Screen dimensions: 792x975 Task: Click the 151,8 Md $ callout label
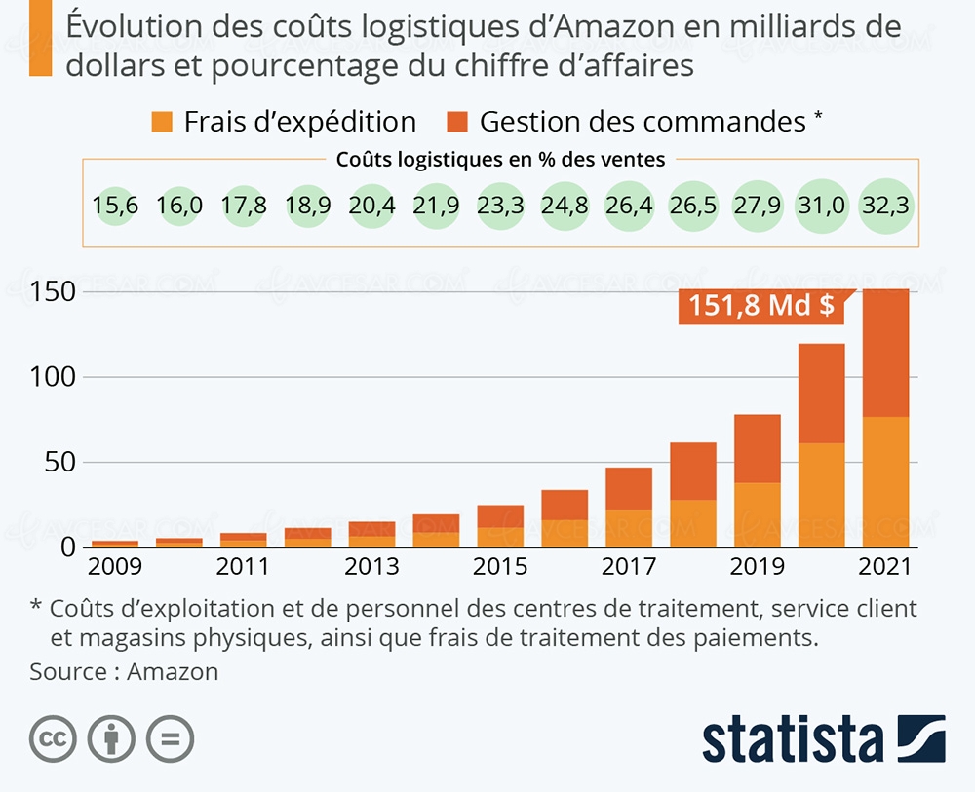pyautogui.click(x=760, y=306)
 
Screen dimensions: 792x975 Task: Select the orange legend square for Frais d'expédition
pyautogui.click(x=163, y=122)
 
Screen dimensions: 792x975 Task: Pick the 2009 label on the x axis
pyautogui.click(x=115, y=567)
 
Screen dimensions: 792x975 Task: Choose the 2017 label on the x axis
pyautogui.click(x=627, y=567)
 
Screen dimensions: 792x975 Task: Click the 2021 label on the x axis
pyautogui.click(x=883, y=567)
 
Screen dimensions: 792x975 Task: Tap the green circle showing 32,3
pyautogui.click(x=885, y=207)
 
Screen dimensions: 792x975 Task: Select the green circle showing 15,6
pyautogui.click(x=115, y=207)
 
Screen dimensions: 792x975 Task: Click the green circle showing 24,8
pyautogui.click(x=565, y=207)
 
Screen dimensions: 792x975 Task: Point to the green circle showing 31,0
pyautogui.click(x=821, y=207)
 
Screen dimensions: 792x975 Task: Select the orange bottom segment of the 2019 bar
pyautogui.click(x=757, y=514)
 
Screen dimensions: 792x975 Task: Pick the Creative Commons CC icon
pyautogui.click(x=54, y=741)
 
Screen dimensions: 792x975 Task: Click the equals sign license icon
pyautogui.click(x=170, y=741)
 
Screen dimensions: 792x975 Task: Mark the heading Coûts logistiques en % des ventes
pyautogui.click(x=500, y=160)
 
